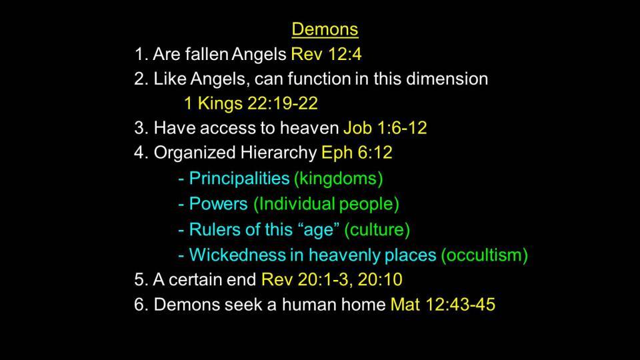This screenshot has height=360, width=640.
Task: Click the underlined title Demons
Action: tap(325, 29)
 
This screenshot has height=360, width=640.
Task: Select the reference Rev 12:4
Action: tap(326, 54)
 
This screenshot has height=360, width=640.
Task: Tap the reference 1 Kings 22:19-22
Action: tap(251, 104)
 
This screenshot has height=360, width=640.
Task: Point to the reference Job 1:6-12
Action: tap(385, 128)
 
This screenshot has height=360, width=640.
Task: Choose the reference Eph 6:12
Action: tap(357, 153)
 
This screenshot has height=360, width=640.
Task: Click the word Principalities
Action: tap(239, 179)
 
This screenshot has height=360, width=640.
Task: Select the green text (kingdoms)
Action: tap(339, 179)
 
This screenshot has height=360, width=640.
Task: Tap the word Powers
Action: tap(219, 204)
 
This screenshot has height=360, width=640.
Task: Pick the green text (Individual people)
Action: tap(326, 204)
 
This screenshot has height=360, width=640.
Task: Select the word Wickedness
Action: tap(237, 255)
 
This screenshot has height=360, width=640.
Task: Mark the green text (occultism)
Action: tap(484, 255)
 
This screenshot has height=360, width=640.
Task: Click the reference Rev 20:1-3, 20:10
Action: tap(332, 279)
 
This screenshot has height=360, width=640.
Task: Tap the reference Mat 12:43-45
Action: tap(443, 305)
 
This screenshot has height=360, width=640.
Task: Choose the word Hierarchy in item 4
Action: tap(279, 153)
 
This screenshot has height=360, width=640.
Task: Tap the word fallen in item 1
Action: tap(207, 54)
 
